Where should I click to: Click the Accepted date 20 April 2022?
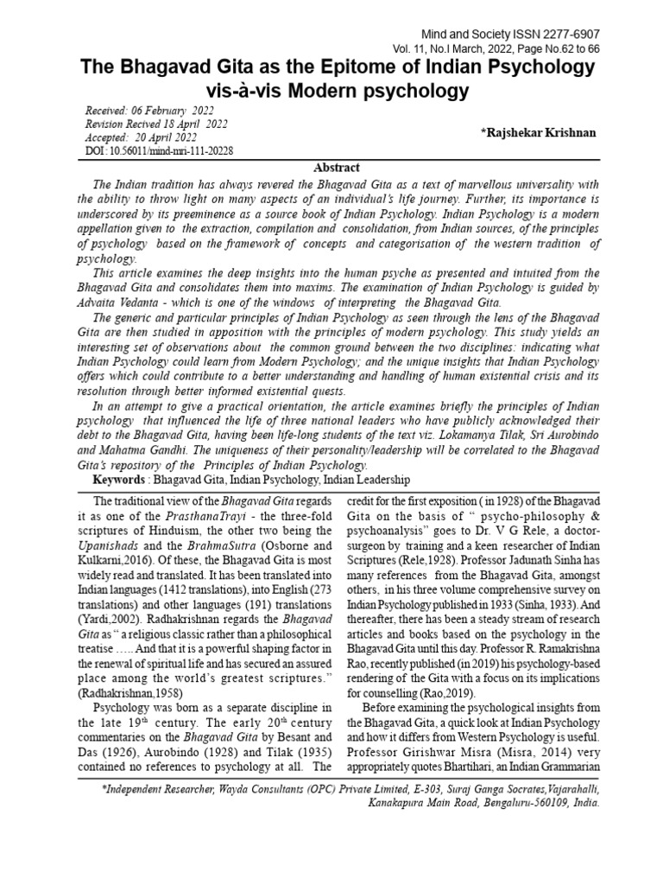(x=159, y=137)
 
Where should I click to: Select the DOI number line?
(x=160, y=150)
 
